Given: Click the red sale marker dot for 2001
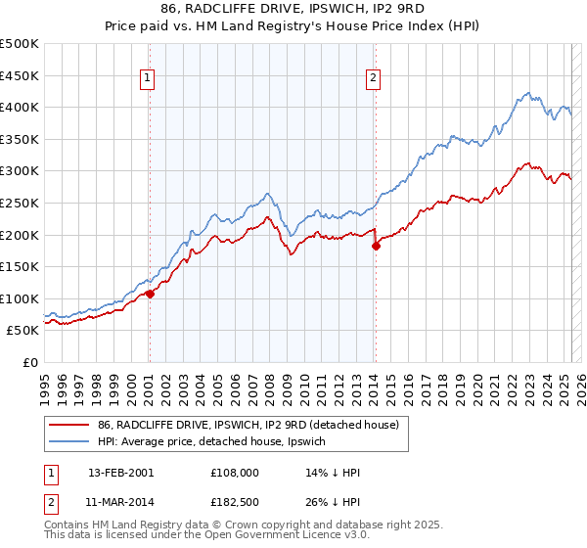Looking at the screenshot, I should point(150,294).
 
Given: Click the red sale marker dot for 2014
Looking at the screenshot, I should point(376,247).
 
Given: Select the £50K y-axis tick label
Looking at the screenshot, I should point(23,331).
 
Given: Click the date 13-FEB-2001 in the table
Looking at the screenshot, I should point(121,473).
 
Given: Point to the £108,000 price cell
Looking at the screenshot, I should point(235,473).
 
